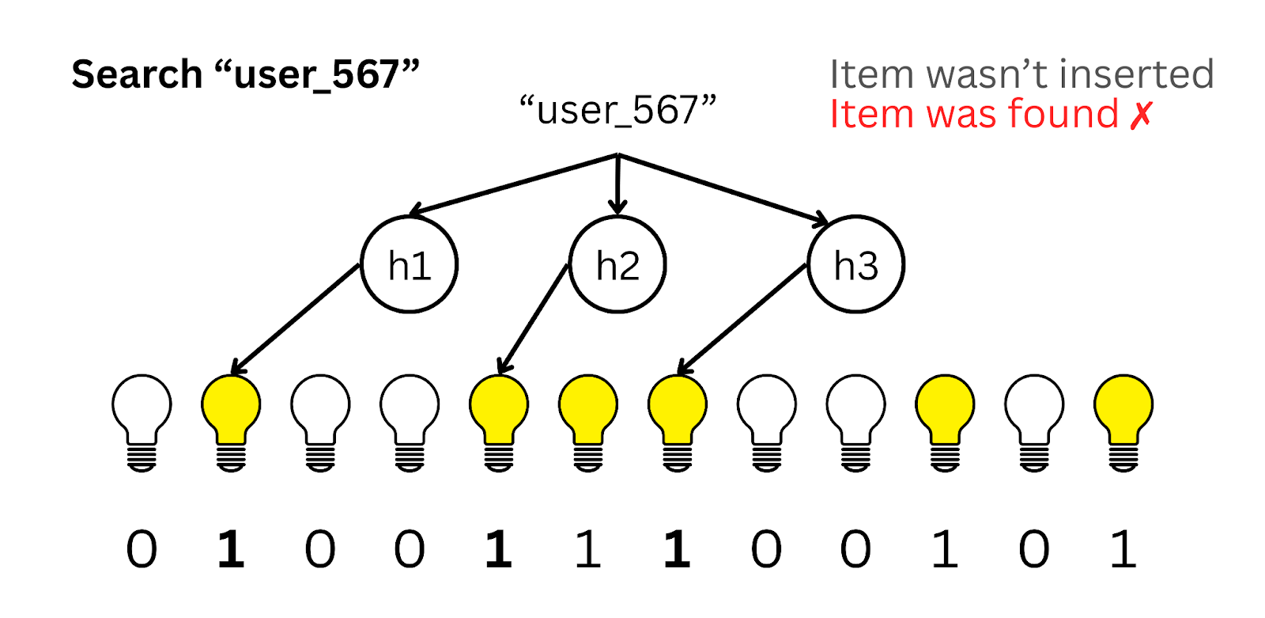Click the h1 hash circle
pyautogui.click(x=410, y=265)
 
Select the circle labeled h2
pyautogui.click(x=617, y=265)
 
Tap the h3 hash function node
pyautogui.click(x=855, y=265)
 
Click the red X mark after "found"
pyautogui.click(x=1141, y=115)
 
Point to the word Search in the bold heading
pyautogui.click(x=137, y=75)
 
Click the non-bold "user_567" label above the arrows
pyautogui.click(x=617, y=110)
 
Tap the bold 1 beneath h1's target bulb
pyautogui.click(x=231, y=550)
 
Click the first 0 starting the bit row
pyautogui.click(x=142, y=550)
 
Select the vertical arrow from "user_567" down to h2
pyautogui.click(x=617, y=184)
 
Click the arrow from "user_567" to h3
pyautogui.click(x=723, y=188)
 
